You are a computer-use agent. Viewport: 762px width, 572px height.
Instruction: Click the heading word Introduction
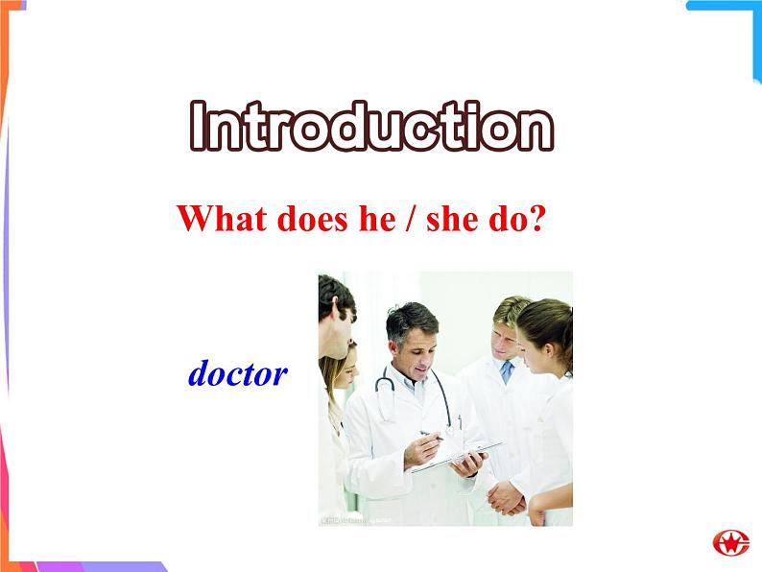coord(371,127)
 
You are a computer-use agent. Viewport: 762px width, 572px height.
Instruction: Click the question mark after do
coord(537,219)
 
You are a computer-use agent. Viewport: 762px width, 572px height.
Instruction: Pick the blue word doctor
coord(238,373)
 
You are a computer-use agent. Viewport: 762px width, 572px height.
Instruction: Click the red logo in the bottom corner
coord(730,542)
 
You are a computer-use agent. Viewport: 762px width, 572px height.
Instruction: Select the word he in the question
coord(376,219)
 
